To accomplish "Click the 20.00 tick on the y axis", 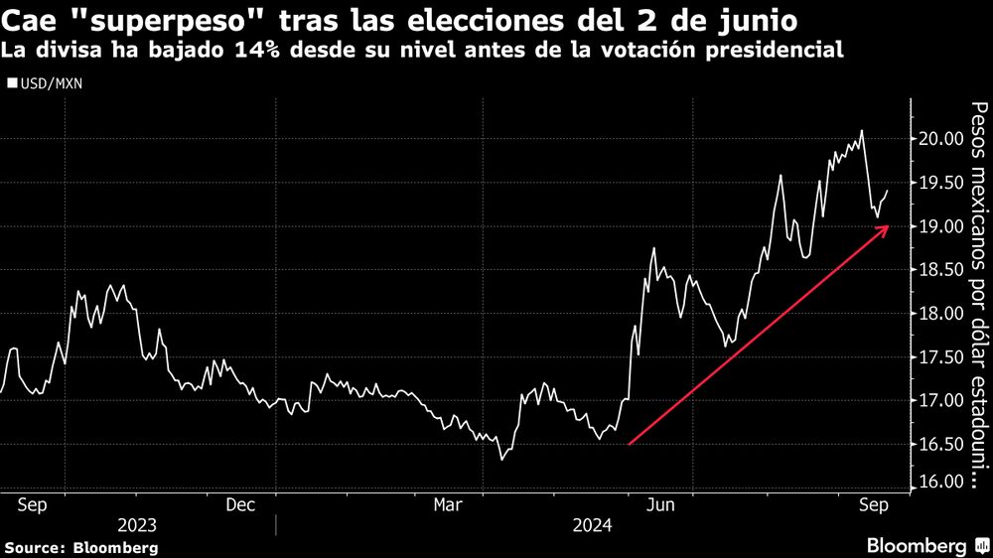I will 937,139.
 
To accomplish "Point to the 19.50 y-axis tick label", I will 937,183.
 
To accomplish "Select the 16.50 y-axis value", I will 937,444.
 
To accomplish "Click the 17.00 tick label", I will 937,400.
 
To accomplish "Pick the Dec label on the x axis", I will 242,504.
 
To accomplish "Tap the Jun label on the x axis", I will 661,504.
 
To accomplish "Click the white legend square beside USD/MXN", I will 12,84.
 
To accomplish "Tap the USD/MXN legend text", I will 51,84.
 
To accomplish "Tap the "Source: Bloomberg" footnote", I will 81,547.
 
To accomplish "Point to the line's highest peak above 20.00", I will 861,130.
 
